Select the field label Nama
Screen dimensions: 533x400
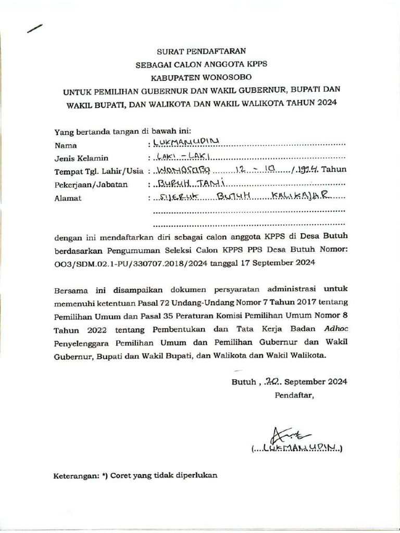[x=66, y=145]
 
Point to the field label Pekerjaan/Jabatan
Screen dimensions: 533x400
[x=91, y=184]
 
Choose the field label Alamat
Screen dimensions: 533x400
[x=68, y=198]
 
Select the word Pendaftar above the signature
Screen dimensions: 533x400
[x=294, y=395]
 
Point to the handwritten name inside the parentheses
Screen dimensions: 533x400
[x=300, y=448]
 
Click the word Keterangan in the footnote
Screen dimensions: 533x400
[x=76, y=476]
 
